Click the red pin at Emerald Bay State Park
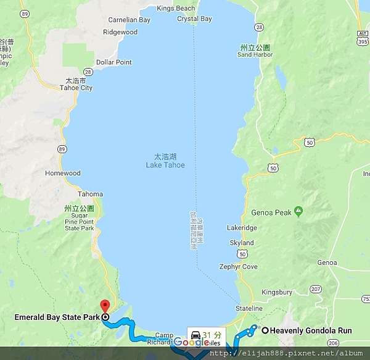pyautogui.click(x=104, y=306)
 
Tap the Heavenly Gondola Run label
pyautogui.click(x=311, y=330)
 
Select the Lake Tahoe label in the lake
pyautogui.click(x=165, y=165)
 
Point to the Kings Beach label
pyautogui.click(x=176, y=8)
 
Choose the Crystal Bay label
pyautogui.click(x=194, y=19)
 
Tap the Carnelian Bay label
pyautogui.click(x=129, y=20)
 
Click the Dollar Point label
pyautogui.click(x=114, y=62)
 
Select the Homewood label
pyautogui.click(x=63, y=173)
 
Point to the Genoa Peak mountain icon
pyautogui.click(x=299, y=212)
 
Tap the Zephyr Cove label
pyautogui.click(x=238, y=267)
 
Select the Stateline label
pyautogui.click(x=250, y=308)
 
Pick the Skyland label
pyautogui.click(x=242, y=243)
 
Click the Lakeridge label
pyautogui.click(x=242, y=227)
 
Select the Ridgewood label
pyautogui.click(x=120, y=31)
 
